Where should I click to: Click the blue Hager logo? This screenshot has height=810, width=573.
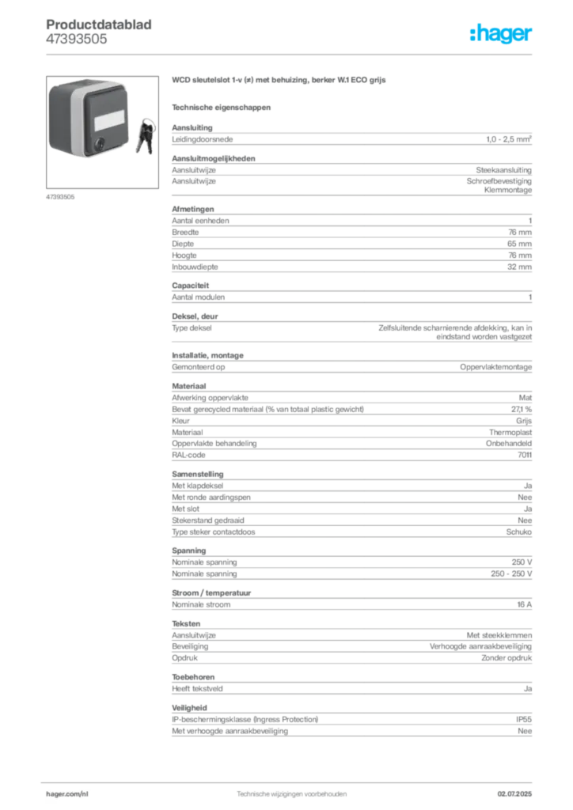click(x=501, y=35)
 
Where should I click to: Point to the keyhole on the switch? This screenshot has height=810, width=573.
click(x=100, y=144)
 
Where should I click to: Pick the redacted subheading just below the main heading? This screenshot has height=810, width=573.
click(x=222, y=106)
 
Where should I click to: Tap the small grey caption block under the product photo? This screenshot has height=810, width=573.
click(x=60, y=196)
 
